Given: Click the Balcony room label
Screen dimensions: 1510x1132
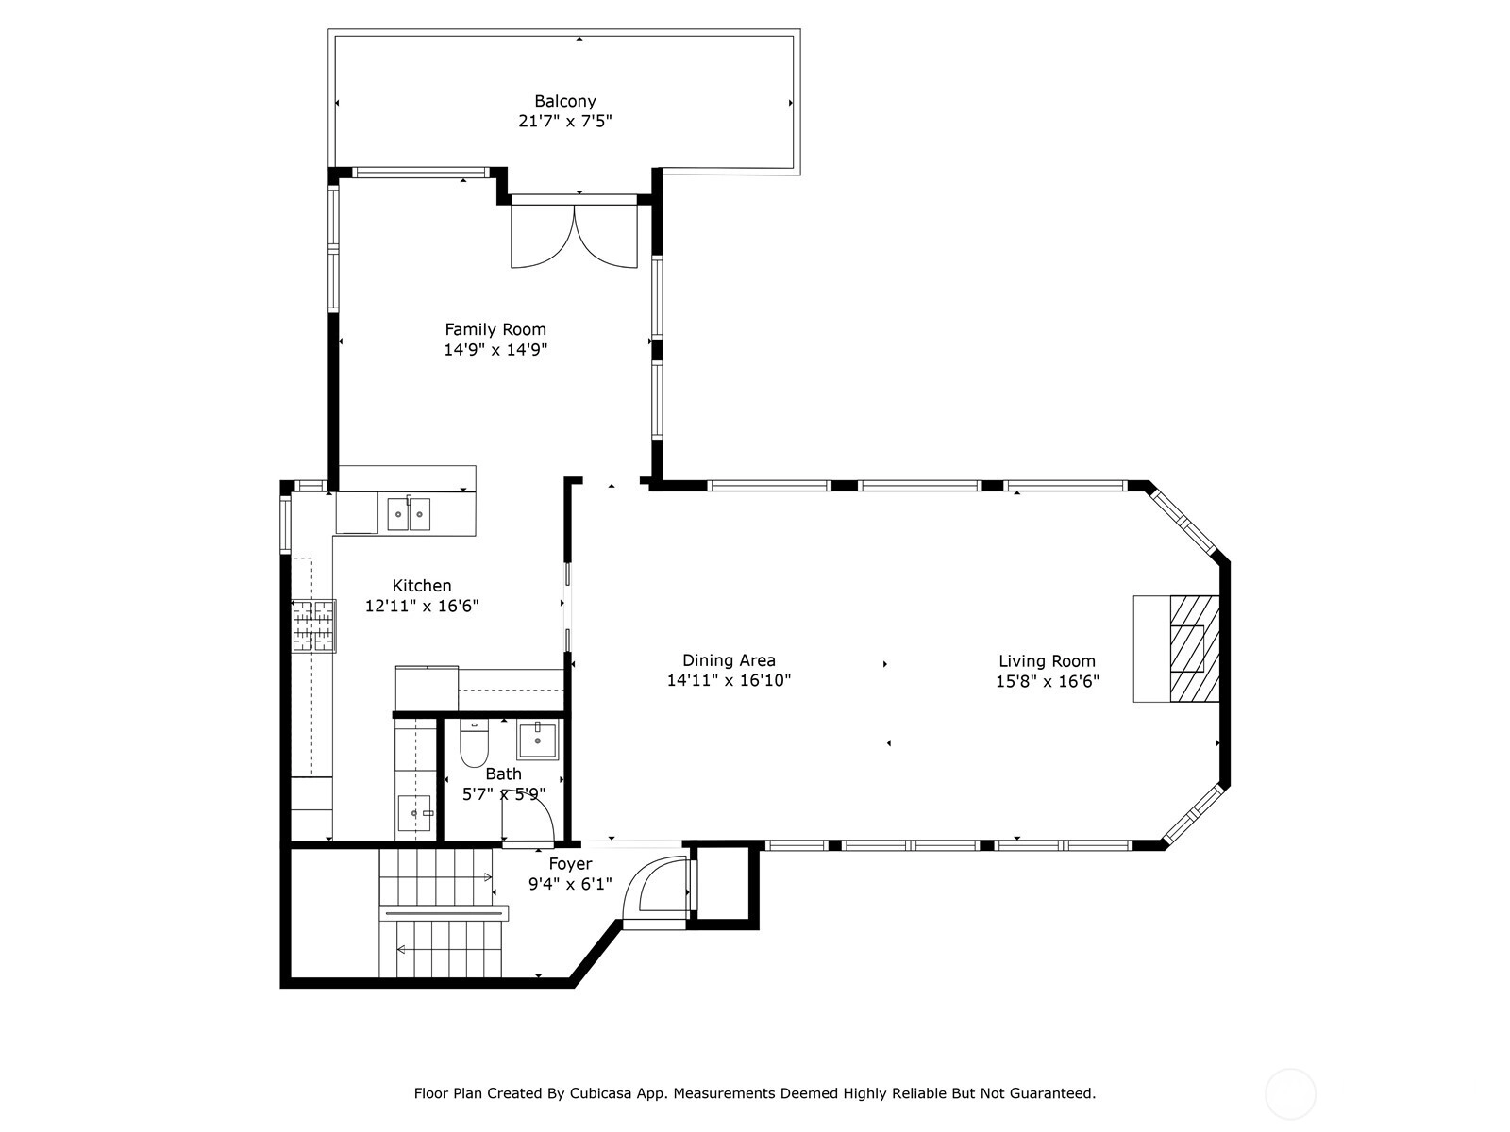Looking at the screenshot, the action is [564, 101].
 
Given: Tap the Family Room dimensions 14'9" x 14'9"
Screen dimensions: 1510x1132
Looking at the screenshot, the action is [495, 350].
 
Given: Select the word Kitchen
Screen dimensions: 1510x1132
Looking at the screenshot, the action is [422, 586].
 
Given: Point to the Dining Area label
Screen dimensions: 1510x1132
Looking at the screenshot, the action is [729, 660].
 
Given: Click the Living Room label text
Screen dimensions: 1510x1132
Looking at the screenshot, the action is [1047, 661].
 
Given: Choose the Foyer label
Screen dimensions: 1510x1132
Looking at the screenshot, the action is [570, 864].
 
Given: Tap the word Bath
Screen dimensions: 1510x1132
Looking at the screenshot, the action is [504, 774].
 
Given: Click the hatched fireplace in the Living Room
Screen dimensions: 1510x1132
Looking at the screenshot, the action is [1194, 649].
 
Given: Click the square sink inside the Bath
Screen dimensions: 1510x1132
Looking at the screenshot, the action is [537, 741].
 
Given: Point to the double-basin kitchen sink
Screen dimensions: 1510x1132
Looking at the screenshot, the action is [409, 514].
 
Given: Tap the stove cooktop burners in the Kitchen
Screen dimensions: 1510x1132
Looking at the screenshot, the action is [313, 625].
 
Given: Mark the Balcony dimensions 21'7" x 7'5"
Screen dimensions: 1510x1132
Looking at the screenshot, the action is [564, 122].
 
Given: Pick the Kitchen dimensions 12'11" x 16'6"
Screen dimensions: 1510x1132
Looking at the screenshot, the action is [422, 607].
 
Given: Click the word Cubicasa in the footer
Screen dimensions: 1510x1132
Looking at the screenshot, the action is [597, 1092].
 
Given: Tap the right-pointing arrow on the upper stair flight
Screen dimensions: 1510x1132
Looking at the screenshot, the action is [488, 877].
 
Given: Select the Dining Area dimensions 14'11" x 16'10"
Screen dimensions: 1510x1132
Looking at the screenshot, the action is [729, 680].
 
